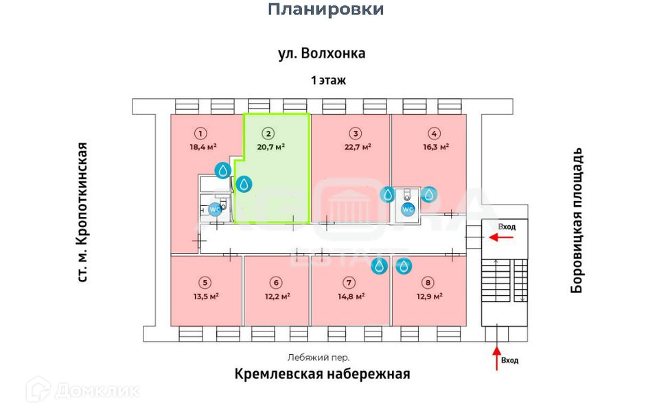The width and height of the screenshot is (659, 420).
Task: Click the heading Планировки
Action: pos(325,10)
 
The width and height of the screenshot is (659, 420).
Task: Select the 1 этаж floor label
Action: pos(328,80)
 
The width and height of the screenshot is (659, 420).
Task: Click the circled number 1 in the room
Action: pos(201,134)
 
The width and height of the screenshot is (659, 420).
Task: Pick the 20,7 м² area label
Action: pos(271,146)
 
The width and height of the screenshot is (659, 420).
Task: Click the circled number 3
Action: pos(355,134)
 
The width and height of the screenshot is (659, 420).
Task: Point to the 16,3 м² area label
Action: pos(435,146)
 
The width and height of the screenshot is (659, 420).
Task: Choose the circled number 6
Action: pos(276,282)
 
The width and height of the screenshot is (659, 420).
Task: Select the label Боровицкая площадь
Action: pos(577,220)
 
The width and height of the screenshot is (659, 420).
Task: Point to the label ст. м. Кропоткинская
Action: pos(82,212)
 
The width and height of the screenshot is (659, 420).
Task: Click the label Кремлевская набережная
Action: pos(322,374)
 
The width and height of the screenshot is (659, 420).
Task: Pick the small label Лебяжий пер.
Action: pos(318,358)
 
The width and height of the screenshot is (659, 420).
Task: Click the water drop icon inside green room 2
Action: pos(244,184)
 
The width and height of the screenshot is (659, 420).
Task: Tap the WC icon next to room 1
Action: pos(216,209)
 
